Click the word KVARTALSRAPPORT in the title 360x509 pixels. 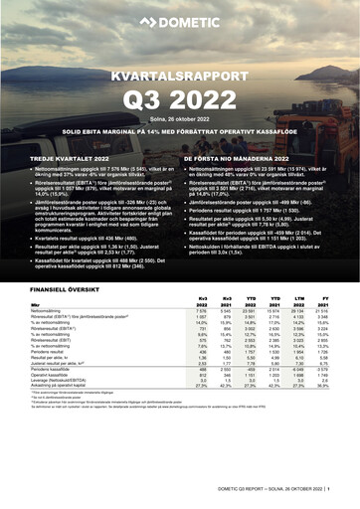[x=179, y=76]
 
